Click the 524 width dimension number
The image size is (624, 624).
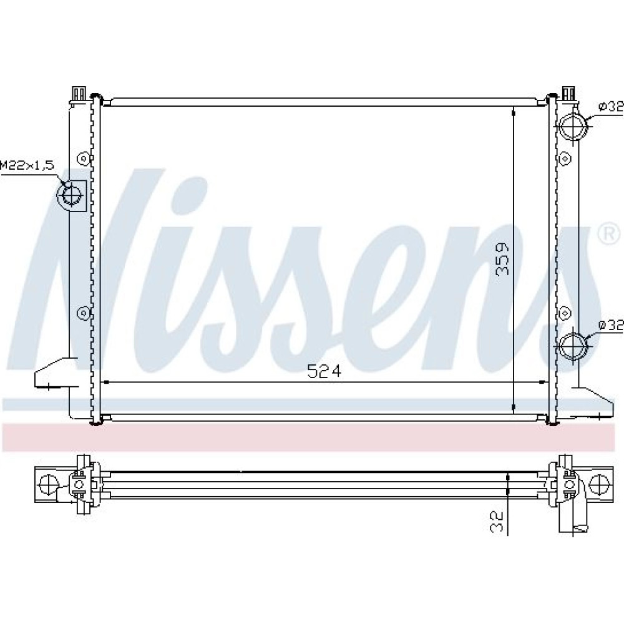click(x=324, y=371)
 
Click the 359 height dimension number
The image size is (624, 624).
click(x=502, y=259)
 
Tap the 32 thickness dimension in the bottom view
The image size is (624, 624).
click(x=497, y=521)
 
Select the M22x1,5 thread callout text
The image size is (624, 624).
click(x=27, y=165)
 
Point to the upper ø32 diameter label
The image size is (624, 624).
click(x=611, y=107)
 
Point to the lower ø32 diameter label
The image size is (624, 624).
click(x=611, y=326)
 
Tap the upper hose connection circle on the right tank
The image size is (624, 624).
click(x=573, y=126)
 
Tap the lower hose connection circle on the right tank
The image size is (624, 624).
click(x=573, y=346)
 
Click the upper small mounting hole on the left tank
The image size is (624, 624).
click(x=83, y=158)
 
